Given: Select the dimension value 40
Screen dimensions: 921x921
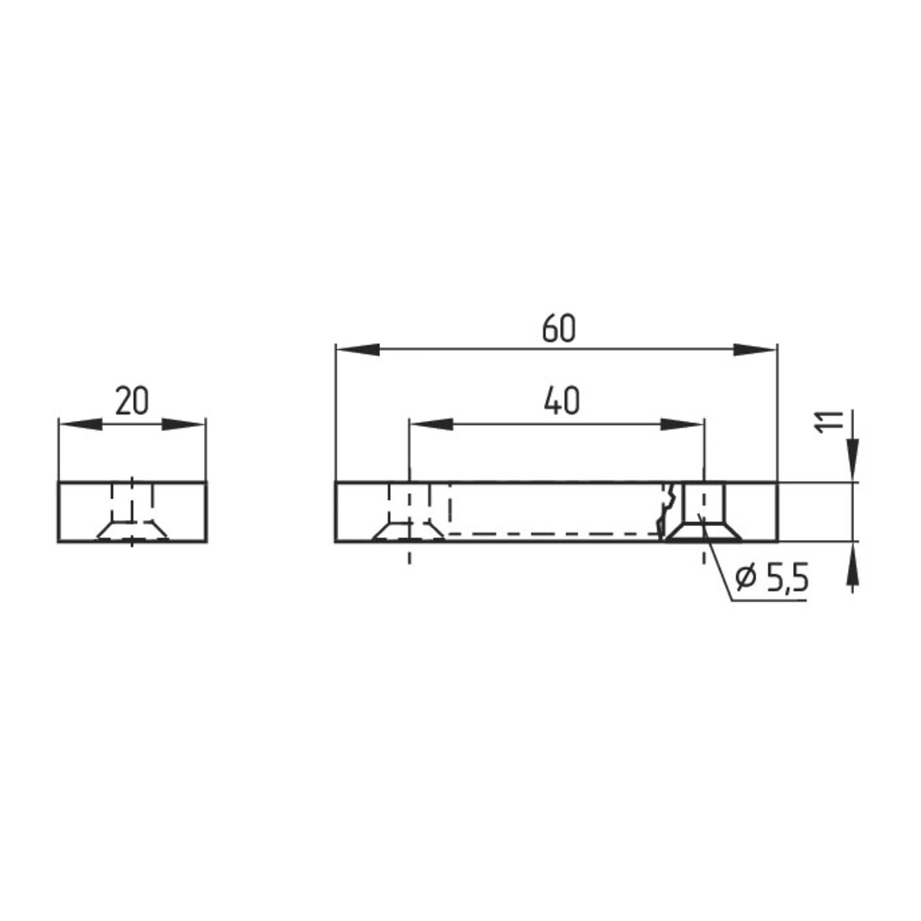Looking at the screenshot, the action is click(x=562, y=400).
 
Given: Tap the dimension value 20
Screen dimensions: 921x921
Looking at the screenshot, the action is click(x=131, y=401).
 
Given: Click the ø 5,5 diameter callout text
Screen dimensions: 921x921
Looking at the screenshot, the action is click(x=773, y=579).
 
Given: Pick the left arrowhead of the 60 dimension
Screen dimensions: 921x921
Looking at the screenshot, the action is click(x=358, y=350).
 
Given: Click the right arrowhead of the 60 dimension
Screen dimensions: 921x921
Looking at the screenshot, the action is click(x=755, y=350).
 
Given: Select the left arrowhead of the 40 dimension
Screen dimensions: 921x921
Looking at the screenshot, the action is click(x=431, y=424).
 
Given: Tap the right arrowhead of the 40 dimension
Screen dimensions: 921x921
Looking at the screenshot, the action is click(x=682, y=424).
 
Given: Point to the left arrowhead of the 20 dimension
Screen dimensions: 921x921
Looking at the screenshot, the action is click(x=80, y=424).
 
